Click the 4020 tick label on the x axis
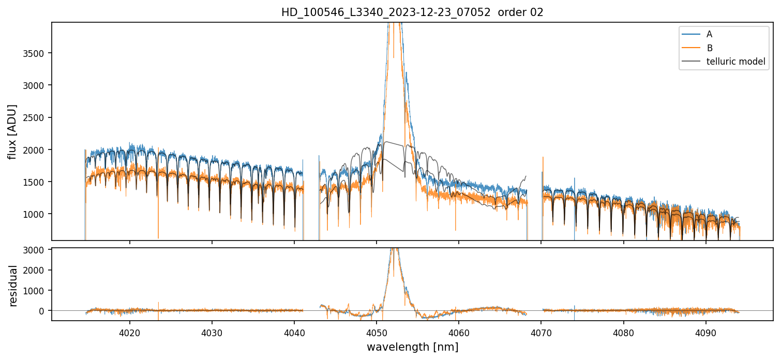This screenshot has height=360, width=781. pos(129,333)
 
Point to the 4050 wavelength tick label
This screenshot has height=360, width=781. pos(377,333)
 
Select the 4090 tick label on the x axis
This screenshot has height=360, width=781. pos(705,333)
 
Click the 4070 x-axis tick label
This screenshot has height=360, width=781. pos(541,333)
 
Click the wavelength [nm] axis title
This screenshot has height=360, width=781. pos(412,347)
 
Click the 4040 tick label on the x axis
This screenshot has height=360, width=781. pos(294,333)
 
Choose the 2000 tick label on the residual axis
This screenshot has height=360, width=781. pos(34,270)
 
